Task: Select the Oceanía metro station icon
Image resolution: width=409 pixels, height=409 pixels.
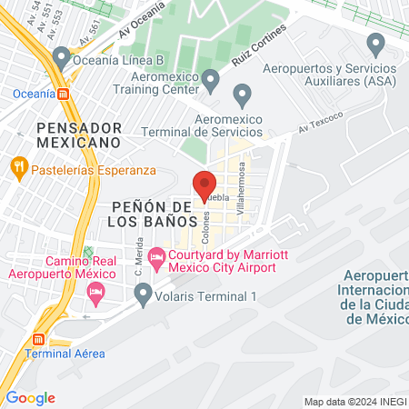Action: pos(63,93)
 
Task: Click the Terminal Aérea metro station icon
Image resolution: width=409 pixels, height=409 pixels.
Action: pos(38,338)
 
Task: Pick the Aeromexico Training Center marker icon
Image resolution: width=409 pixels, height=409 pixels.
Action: pos(211,81)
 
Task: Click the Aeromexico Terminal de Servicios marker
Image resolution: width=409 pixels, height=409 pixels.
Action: pos(242,95)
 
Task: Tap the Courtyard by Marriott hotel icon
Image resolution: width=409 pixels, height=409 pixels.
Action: pos(156,258)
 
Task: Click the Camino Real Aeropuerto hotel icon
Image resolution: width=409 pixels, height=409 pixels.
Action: pos(95,293)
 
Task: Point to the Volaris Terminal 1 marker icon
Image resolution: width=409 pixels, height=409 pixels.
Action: pos(143,294)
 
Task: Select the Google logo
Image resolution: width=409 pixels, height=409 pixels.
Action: pos(30,397)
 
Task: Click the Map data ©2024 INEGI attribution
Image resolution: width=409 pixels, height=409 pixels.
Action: pos(354,401)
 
